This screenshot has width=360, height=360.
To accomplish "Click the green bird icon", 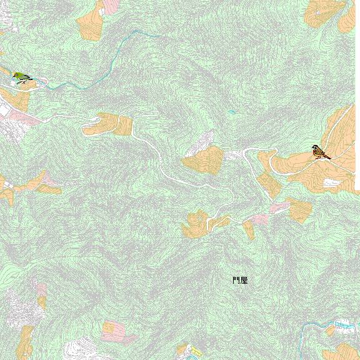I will [22, 77].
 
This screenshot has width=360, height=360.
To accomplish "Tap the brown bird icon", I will [321, 152].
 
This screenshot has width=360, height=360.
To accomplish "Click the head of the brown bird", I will [316, 148].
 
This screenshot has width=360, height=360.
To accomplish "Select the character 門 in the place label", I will [236, 281].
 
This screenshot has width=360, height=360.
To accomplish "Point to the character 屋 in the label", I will [244, 281].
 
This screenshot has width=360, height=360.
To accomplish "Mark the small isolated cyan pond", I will [232, 112].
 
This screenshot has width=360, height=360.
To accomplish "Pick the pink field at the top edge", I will [110, 6].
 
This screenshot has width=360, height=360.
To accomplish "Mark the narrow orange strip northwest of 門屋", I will [249, 229].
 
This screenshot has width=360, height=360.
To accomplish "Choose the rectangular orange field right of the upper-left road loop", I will [124, 125].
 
